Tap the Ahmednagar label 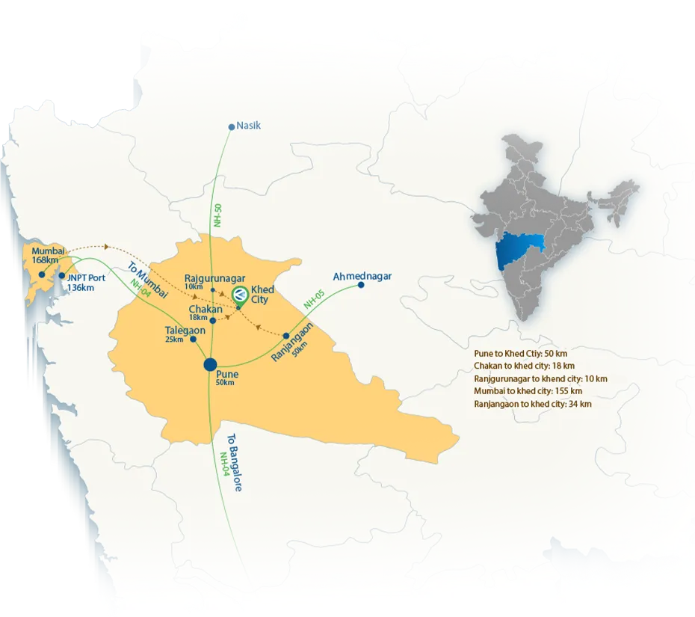tap(362, 277)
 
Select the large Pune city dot tap(211, 365)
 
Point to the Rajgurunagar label tap(214, 279)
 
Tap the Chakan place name tap(206, 309)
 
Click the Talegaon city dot tap(194, 339)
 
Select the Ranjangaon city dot tap(286, 336)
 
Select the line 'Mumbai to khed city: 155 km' tap(528, 391)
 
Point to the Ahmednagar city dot tap(361, 285)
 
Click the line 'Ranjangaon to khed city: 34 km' tap(532, 404)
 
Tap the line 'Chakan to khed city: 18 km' tap(524, 366)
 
